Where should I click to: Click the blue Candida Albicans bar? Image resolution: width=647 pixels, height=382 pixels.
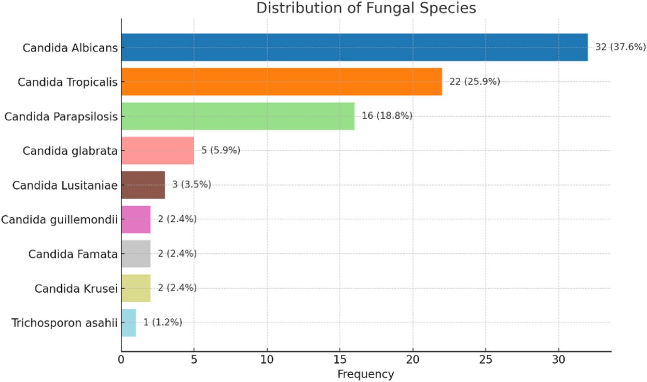tap(354, 47)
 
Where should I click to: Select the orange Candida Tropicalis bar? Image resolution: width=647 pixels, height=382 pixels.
tap(281, 81)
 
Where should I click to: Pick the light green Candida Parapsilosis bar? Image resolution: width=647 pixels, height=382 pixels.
tap(238, 116)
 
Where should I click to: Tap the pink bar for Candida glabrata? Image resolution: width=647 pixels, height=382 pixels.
tap(157, 150)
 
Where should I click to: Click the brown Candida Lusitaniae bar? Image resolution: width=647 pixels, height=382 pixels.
tap(143, 185)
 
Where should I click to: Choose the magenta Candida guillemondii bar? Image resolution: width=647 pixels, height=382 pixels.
tap(135, 219)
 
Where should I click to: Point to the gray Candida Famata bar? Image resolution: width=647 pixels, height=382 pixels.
tap(135, 253)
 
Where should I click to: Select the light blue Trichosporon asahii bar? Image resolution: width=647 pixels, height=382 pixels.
tap(128, 322)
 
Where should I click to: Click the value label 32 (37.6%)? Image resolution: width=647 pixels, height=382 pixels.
tap(620, 47)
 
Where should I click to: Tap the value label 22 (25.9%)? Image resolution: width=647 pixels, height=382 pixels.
tap(474, 81)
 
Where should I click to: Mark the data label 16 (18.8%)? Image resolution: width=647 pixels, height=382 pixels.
tap(387, 116)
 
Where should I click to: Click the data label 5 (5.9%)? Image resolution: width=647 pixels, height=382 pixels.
tap(221, 150)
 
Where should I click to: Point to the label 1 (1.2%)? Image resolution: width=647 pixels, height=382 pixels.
tap(162, 322)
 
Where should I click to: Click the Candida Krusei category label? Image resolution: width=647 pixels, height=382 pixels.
tap(76, 288)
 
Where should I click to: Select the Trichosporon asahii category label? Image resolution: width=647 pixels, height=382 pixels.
tap(64, 323)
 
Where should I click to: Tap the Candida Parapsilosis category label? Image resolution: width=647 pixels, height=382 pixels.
tap(61, 116)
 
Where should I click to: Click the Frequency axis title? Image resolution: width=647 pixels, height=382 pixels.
tap(365, 374)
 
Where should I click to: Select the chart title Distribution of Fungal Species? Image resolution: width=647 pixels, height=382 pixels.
tap(366, 8)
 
